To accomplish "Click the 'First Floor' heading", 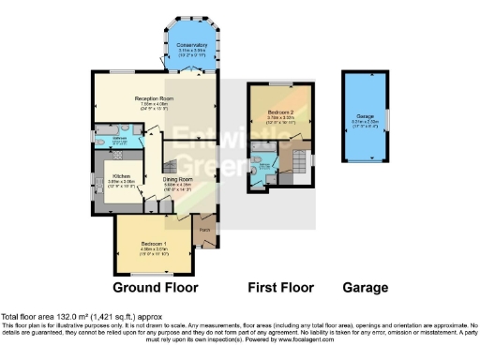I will [279, 287].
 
